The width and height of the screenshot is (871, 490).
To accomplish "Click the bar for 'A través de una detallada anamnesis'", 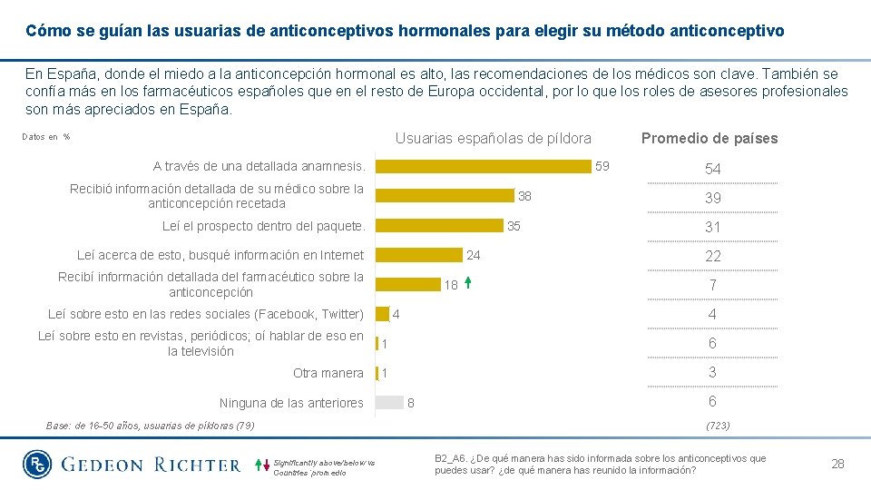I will (483, 166).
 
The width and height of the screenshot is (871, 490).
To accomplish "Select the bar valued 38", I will (445, 195).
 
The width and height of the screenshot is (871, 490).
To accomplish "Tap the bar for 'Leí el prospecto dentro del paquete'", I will (439, 225).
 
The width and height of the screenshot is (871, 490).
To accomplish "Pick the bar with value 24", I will (418, 255).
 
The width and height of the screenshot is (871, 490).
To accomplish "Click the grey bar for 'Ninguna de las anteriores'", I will (389, 403).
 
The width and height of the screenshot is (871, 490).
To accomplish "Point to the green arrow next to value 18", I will (467, 283).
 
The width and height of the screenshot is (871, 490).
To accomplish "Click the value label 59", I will (602, 166).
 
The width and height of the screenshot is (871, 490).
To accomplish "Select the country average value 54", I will (713, 170).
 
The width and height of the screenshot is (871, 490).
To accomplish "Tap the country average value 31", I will (713, 227).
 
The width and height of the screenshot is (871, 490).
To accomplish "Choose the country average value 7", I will (713, 285).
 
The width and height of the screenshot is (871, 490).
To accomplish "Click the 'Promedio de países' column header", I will (710, 139).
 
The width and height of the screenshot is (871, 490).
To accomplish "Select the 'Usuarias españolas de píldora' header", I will (493, 139).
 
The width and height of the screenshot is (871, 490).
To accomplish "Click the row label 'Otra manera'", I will (328, 373).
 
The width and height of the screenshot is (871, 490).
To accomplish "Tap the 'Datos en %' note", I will (45, 137).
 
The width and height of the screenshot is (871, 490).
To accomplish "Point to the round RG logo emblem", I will (38, 465).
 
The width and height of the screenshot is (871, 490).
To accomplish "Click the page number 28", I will (837, 464).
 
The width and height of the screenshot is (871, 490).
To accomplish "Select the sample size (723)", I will (716, 425).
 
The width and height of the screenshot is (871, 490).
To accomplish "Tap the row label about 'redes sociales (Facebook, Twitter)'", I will (205, 314).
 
